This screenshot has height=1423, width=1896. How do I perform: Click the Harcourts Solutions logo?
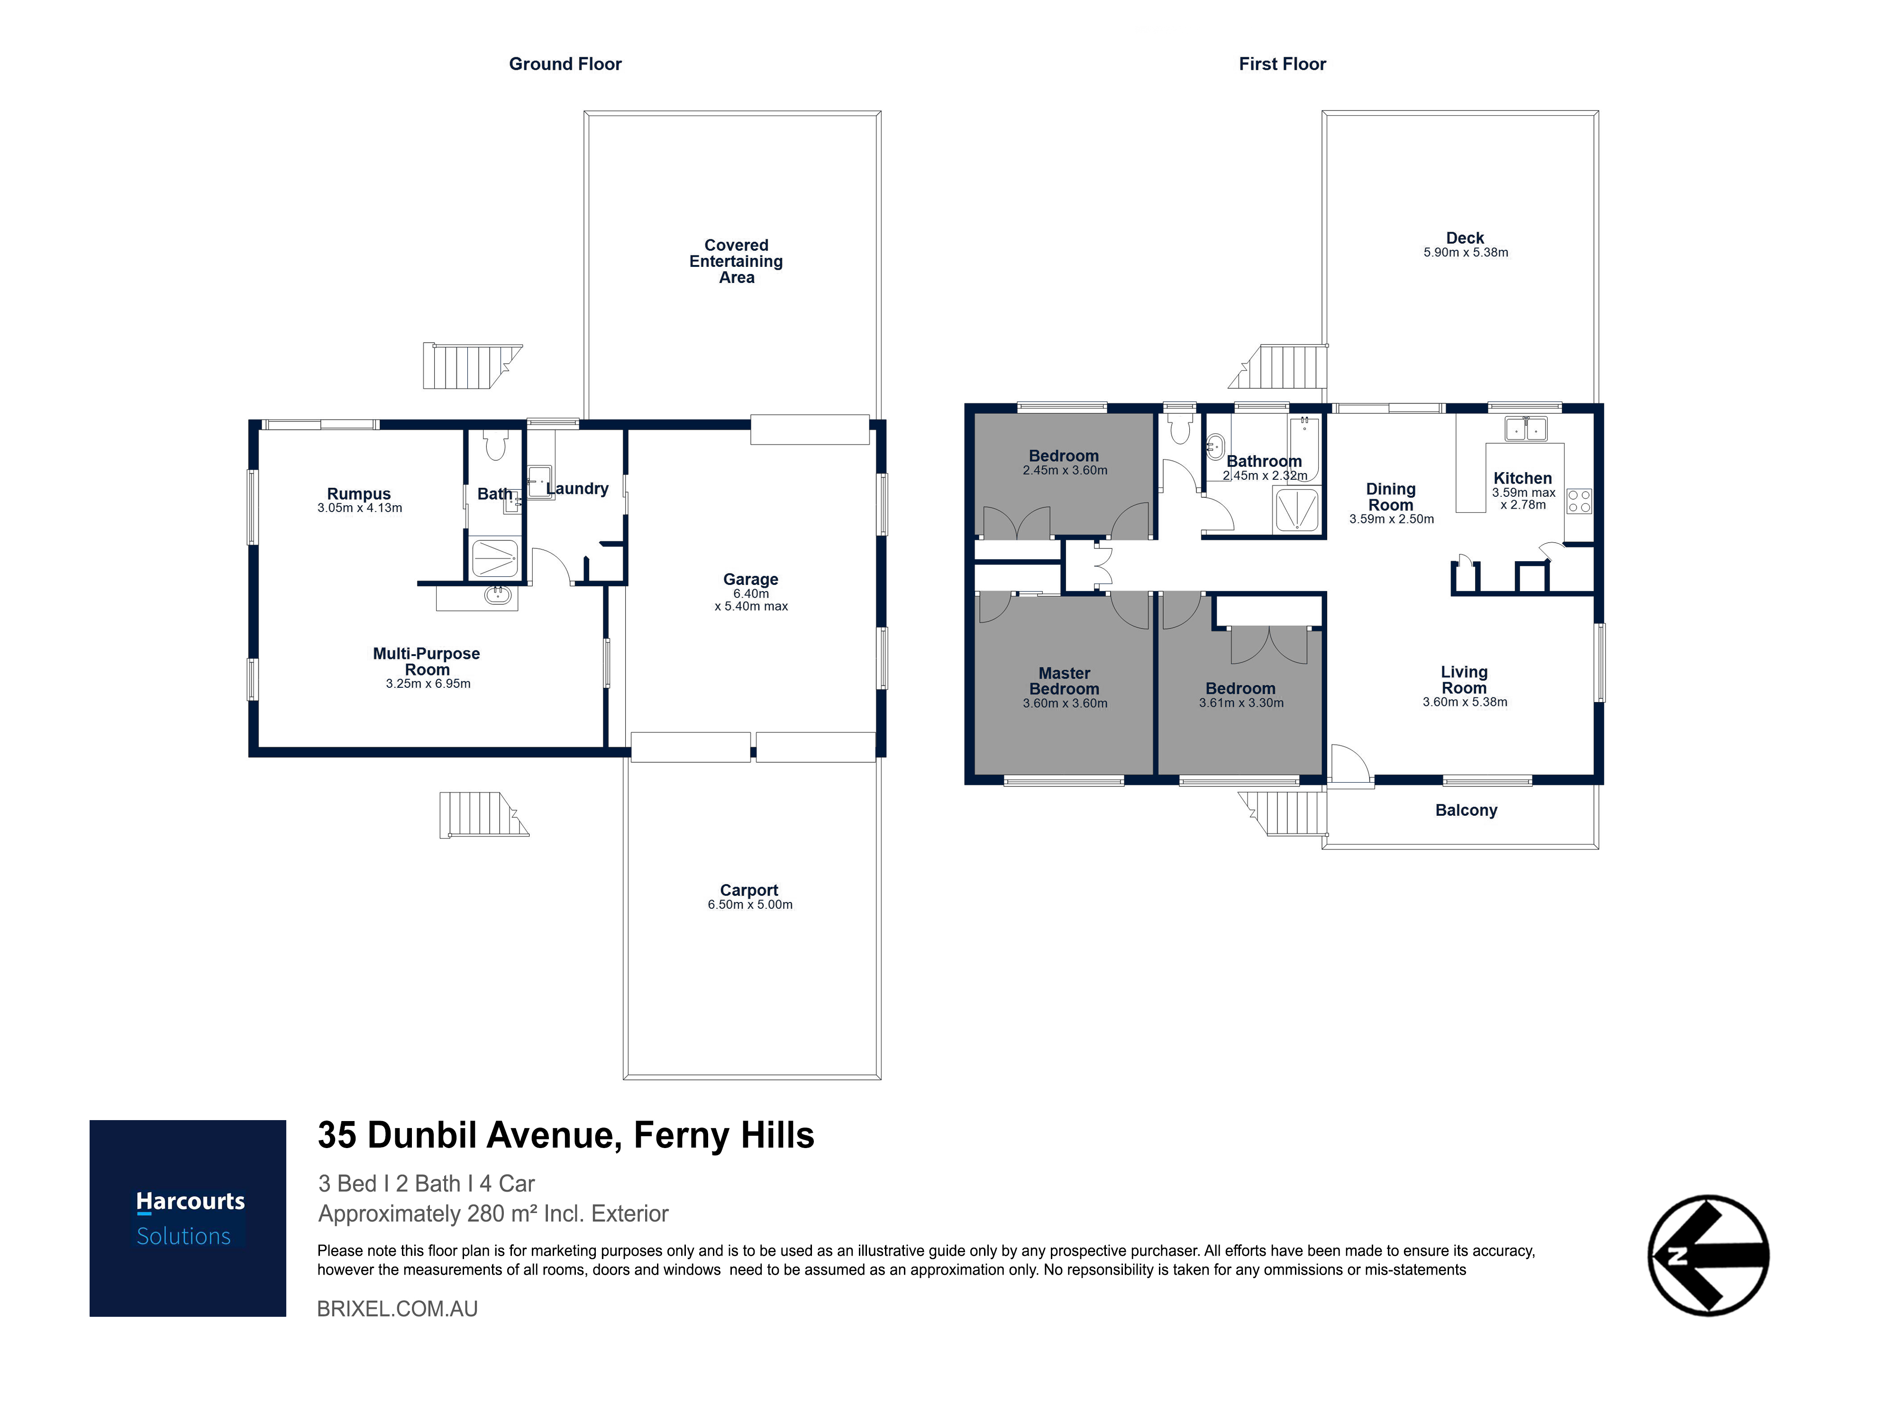click(188, 1218)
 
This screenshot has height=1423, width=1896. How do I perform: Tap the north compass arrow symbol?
click(1708, 1256)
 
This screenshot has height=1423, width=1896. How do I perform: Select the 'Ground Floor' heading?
click(565, 64)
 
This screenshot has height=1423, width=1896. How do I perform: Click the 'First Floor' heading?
click(1282, 64)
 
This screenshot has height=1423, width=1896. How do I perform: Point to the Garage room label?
click(751, 580)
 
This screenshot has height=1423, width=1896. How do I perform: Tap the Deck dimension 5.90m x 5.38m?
click(1466, 252)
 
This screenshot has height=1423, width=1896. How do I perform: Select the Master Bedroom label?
click(1065, 681)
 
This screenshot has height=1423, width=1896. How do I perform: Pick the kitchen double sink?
click(1526, 428)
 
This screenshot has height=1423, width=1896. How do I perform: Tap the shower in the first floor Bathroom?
click(1297, 510)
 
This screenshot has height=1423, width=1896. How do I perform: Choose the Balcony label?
click(1466, 810)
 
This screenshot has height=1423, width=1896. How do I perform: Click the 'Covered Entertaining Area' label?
click(736, 262)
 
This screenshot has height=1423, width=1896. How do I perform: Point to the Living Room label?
click(1464, 680)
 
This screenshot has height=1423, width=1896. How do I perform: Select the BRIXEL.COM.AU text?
click(398, 1309)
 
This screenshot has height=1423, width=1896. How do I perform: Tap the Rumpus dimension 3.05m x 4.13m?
click(360, 508)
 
